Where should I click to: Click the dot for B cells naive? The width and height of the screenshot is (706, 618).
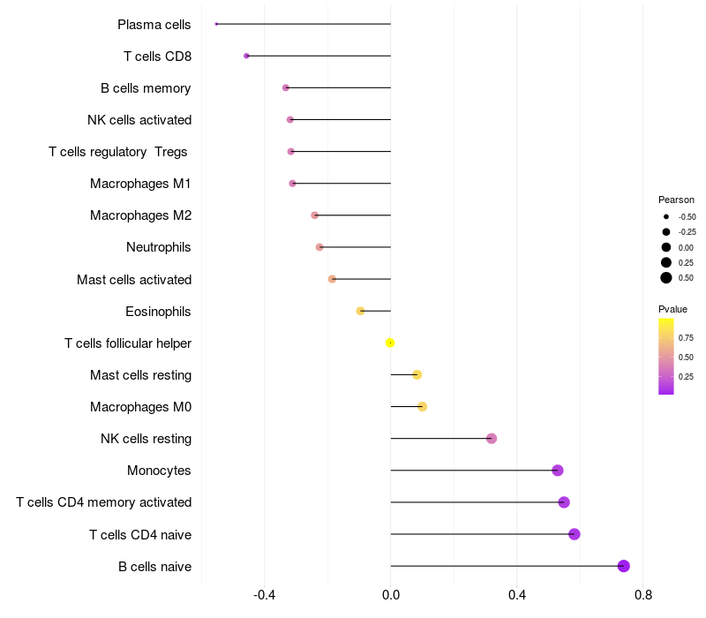coord(624,566)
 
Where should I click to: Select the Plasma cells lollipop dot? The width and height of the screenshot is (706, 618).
coord(216,24)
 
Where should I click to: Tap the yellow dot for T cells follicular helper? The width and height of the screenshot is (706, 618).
coord(390,343)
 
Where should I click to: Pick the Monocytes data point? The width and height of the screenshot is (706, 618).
coord(558,471)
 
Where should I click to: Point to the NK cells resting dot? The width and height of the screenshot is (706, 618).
coord(492,439)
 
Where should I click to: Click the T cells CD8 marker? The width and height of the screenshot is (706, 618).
coord(246,56)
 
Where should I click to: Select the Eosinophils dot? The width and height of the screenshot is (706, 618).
coord(360,311)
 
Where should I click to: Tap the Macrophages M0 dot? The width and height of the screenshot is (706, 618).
coord(422,407)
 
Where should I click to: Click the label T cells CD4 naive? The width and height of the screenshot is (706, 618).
coord(140,534)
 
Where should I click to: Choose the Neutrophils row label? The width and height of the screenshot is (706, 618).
coord(159,247)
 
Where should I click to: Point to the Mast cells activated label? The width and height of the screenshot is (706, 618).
coord(134,279)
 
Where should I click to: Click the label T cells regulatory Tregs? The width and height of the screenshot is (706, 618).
coord(118,152)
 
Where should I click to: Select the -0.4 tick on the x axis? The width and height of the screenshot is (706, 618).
coord(265,595)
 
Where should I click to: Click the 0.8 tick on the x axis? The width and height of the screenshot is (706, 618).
coord(643,595)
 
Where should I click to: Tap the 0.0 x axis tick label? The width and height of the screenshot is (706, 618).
coord(391,595)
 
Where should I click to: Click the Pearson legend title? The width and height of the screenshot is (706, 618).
coord(676,200)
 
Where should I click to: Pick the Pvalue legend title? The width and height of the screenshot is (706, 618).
coord(672,309)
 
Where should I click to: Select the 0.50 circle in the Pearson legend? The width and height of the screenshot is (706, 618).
coord(666,278)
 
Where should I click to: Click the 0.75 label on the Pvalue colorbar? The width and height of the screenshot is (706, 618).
coord(686,337)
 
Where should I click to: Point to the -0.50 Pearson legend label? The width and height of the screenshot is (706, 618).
coord(687,216)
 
